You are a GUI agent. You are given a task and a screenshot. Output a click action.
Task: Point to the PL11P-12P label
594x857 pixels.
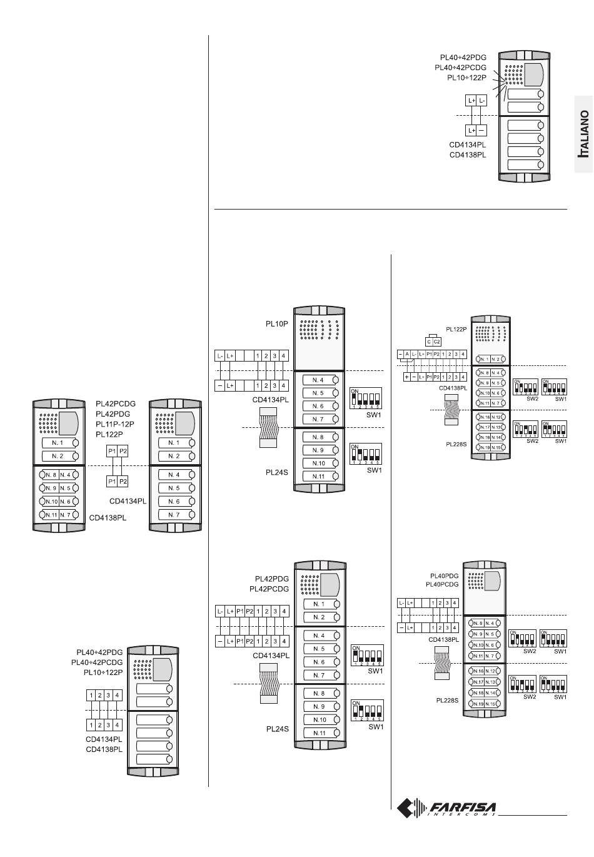116,424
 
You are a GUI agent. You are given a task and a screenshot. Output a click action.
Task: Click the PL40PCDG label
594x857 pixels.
442,584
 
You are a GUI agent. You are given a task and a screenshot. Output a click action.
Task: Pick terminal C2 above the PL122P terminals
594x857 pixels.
437,342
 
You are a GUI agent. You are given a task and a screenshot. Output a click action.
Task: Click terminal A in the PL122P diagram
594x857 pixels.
406,355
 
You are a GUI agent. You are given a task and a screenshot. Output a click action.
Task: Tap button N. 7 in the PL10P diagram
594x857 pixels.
319,419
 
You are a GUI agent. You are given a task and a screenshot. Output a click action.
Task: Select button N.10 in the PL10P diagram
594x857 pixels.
319,464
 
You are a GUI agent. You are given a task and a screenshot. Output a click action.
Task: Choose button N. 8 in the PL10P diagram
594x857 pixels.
319,437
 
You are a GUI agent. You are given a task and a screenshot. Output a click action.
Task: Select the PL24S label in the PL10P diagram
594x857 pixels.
278,473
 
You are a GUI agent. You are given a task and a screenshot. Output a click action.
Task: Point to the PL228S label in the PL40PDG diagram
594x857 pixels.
447,701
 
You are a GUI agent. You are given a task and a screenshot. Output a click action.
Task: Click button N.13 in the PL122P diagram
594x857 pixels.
496,427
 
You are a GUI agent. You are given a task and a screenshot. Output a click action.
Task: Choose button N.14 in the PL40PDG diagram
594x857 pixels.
491,693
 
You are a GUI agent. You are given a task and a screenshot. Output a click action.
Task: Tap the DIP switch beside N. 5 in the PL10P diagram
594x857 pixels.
365,397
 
